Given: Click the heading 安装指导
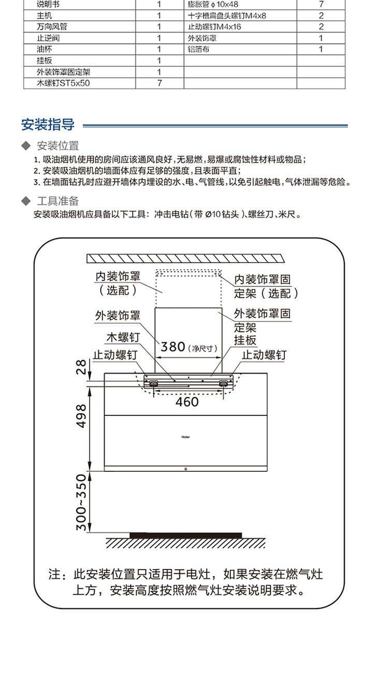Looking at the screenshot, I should point(48,125).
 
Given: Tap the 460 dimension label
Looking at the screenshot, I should point(187,401).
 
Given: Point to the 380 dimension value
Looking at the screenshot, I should point(173,346).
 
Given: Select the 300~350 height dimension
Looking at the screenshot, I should point(81,502).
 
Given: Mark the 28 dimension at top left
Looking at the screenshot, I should point(81,367).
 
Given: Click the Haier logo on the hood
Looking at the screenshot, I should point(186,436).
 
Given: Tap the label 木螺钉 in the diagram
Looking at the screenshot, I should point(123,337).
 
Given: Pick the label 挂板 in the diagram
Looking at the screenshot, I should point(245,340).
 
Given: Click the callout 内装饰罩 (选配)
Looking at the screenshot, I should point(118,284).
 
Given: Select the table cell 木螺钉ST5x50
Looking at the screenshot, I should point(63,83).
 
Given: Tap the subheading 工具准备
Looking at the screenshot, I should point(57,201).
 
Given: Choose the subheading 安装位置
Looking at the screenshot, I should point(57,146).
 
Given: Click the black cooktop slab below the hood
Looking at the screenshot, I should point(185,534).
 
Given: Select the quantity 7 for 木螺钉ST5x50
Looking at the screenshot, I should point(159,83).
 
